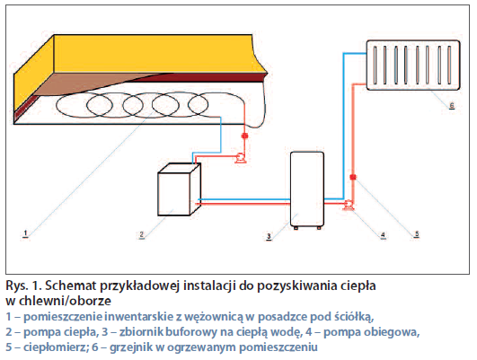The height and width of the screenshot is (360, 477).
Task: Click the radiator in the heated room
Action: coord(413,65)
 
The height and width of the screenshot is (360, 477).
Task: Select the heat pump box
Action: coord(179,189)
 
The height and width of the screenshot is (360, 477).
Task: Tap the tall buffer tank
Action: coord(307,190)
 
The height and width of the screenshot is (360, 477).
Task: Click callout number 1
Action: coord(25,233)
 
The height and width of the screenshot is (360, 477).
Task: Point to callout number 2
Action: coord(141,234)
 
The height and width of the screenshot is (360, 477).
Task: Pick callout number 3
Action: coord(269,236)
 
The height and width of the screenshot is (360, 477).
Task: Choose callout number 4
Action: coord(383,235)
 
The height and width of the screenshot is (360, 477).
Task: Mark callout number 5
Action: coord(417,233)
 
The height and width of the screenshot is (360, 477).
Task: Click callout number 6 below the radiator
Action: coord(452,106)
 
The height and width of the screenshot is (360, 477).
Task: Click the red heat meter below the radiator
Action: coord(353,177)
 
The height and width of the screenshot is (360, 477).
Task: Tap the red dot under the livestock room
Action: coord(244,136)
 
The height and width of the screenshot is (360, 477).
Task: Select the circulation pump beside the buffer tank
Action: coord(349,205)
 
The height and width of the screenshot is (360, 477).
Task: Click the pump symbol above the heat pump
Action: coord(241,158)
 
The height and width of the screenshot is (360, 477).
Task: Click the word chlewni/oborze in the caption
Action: coord(65,301)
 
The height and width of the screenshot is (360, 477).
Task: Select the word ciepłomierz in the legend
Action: coord(57,347)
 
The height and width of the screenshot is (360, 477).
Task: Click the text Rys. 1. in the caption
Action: coord(23,285)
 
